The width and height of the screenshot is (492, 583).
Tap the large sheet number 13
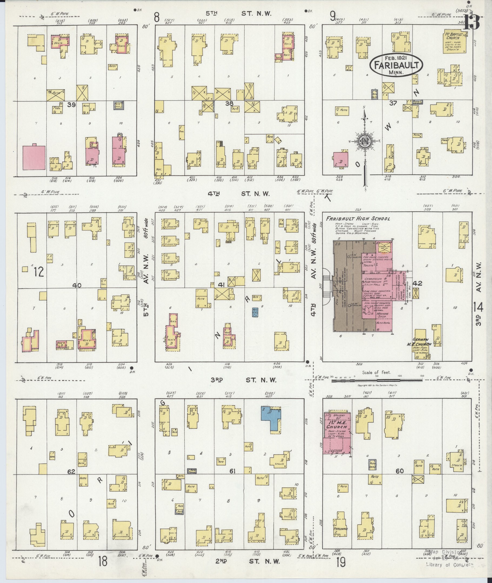point(472,22)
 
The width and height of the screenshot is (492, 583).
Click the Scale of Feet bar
point(376,380)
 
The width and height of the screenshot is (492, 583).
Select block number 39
point(71,105)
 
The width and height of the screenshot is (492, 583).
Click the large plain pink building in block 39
point(34,157)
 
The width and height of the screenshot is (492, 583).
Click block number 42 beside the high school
point(417,283)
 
